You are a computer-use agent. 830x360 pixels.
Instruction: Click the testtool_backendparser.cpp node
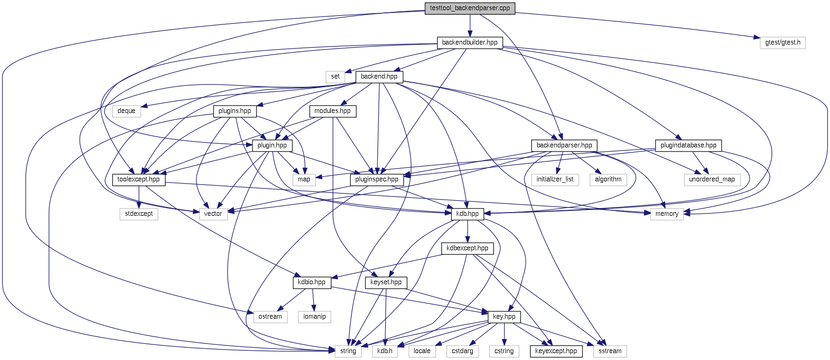tap(470, 8)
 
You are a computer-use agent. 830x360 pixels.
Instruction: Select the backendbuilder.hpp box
tap(470, 43)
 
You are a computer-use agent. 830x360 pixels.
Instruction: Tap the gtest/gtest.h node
tap(783, 43)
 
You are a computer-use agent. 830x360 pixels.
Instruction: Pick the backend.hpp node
tap(379, 77)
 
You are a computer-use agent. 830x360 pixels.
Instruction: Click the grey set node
tap(336, 77)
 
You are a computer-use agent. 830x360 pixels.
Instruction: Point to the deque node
tap(126, 111)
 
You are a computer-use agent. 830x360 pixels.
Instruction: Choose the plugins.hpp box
tap(235, 111)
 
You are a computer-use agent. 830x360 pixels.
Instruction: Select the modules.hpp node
tap(332, 111)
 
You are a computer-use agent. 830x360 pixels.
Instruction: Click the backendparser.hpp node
tap(564, 146)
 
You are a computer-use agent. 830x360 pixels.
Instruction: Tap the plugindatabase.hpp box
tap(688, 146)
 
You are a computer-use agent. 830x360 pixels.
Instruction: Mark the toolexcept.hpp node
tap(138, 180)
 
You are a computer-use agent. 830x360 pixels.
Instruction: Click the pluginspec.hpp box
tap(377, 180)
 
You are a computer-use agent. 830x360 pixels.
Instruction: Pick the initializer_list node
tap(555, 180)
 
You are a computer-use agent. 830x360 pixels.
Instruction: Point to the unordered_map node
tap(712, 180)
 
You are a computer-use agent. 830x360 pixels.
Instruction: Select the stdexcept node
tap(139, 214)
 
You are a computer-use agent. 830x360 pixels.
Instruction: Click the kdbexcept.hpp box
tap(467, 248)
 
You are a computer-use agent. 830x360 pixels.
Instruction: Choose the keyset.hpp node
tap(386, 282)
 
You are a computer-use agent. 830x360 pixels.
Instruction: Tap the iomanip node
tap(314, 317)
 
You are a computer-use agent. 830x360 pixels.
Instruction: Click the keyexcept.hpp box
tap(556, 351)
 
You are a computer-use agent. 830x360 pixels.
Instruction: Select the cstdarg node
tap(462, 351)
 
